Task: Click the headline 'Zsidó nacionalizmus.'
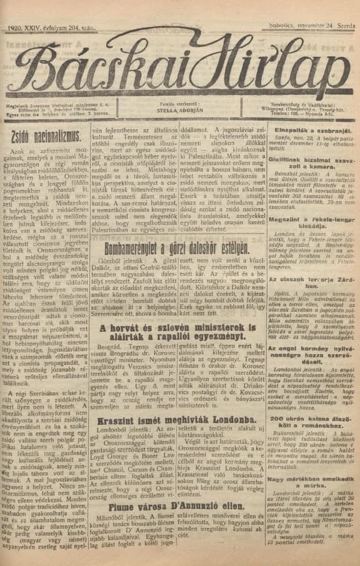49,134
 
